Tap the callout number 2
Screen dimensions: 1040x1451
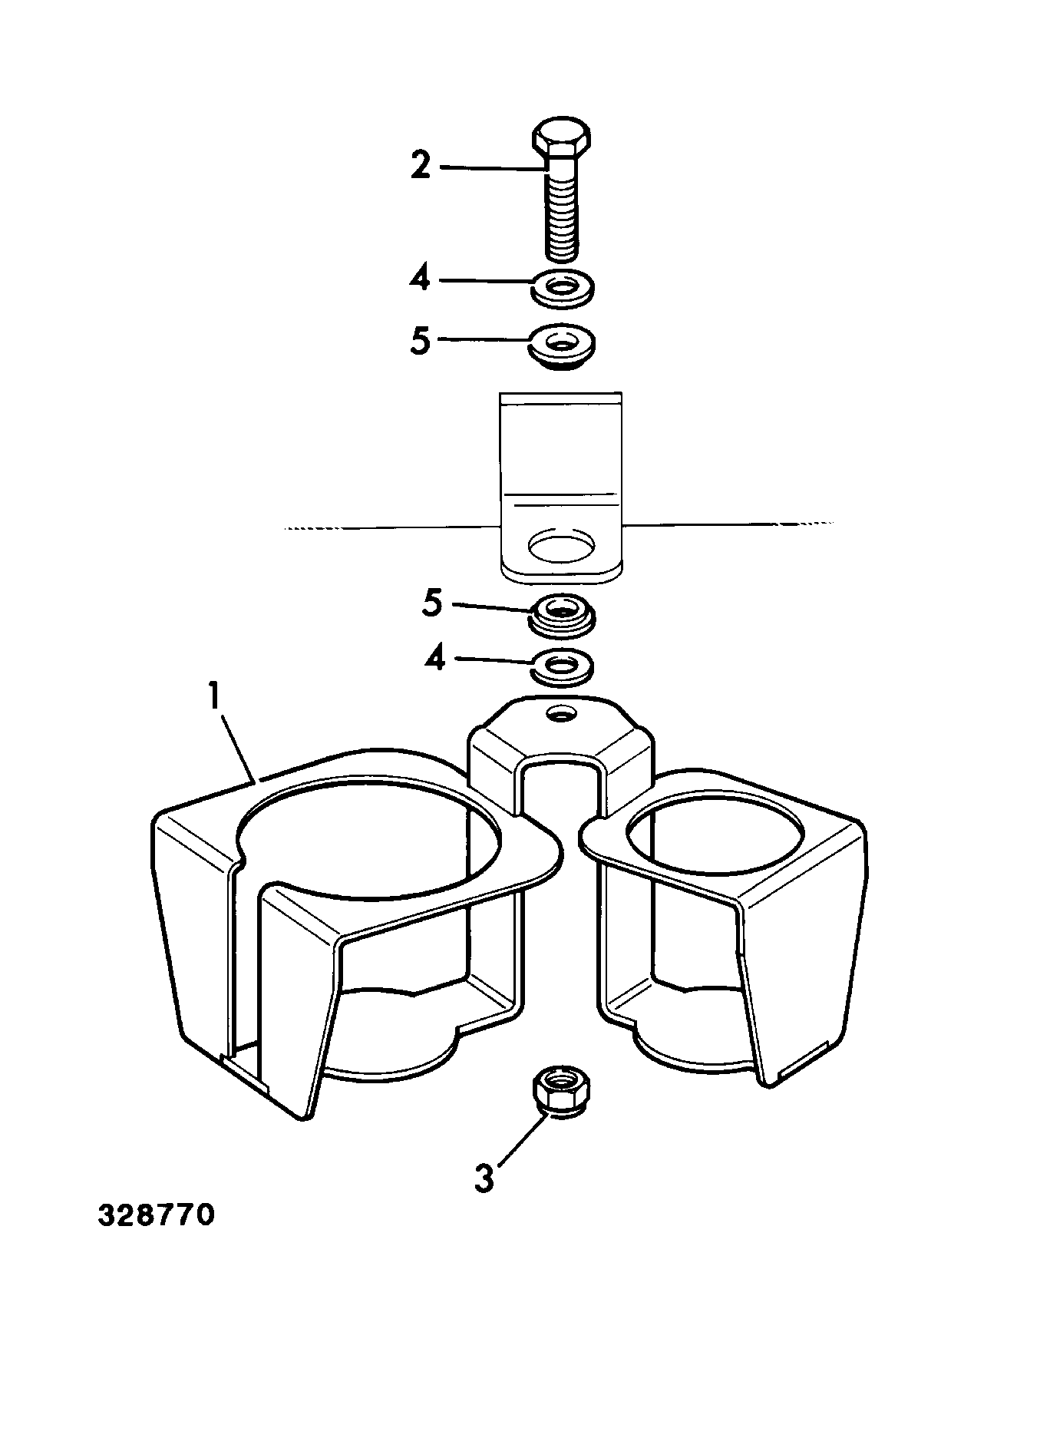tap(421, 165)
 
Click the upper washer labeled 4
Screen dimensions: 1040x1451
tap(563, 288)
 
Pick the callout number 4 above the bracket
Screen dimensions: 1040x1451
tap(419, 279)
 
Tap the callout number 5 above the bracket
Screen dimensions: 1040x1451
tap(420, 340)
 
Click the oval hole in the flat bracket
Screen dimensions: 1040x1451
tap(561, 544)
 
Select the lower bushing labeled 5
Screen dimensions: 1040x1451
tap(563, 614)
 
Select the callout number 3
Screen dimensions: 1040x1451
tap(484, 1178)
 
